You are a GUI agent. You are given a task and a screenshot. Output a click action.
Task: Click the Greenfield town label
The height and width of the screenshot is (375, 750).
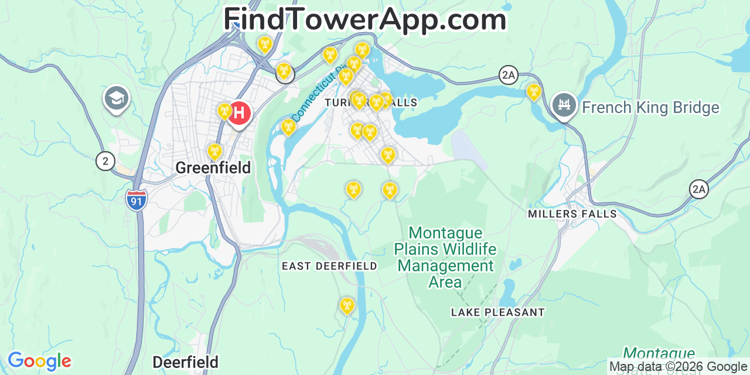[213, 168]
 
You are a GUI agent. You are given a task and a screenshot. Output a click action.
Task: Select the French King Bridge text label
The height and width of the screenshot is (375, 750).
[650, 108]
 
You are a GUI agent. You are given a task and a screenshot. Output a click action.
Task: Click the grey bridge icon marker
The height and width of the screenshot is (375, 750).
[564, 105]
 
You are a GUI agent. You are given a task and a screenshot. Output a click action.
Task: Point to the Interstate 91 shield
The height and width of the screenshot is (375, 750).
[136, 200]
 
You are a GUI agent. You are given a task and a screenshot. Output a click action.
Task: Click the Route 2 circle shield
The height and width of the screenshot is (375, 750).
[105, 161]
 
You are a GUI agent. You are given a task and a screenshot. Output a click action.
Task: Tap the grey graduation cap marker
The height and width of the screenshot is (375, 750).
[116, 98]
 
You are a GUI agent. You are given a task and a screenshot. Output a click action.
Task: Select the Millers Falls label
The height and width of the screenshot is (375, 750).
[572, 214]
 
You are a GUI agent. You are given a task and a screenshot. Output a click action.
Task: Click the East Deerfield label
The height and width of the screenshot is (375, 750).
[329, 266]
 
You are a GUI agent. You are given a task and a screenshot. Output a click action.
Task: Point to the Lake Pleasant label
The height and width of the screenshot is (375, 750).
[498, 312]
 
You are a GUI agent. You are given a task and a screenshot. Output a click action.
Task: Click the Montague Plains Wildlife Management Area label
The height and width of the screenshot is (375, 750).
[445, 257]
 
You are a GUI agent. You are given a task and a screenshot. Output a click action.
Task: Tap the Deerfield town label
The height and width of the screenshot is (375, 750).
[185, 362]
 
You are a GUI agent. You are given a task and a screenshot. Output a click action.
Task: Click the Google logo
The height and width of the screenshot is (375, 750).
[39, 361]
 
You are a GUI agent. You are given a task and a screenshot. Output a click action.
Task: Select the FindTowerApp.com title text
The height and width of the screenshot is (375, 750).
[365, 19]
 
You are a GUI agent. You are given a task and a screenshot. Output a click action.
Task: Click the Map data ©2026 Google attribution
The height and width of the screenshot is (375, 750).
[679, 367]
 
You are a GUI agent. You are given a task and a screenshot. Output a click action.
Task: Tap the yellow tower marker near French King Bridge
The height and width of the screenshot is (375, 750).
[533, 92]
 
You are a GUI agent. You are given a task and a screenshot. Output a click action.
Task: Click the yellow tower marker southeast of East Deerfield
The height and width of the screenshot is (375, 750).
[347, 305]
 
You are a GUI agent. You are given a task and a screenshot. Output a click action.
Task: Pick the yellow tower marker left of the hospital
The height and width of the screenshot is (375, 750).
[224, 111]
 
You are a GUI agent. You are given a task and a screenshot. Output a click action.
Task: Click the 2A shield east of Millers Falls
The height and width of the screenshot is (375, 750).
[698, 189]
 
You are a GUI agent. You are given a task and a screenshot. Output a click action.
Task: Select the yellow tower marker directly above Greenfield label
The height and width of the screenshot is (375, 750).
[215, 152]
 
